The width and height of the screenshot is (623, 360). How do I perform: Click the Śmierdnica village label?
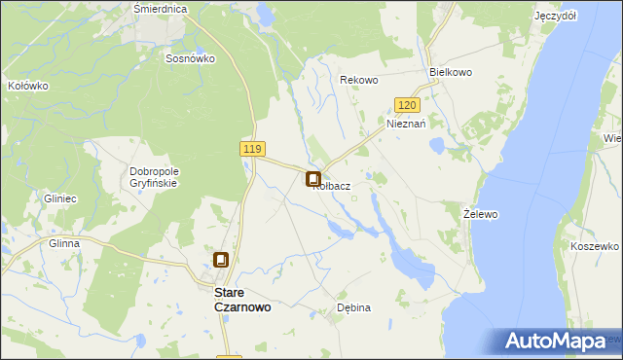160,8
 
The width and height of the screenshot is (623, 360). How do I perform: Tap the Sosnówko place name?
190,58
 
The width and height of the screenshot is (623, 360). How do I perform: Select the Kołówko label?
27,86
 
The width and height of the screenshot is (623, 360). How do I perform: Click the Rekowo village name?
357,80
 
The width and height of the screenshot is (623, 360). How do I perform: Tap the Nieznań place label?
407,125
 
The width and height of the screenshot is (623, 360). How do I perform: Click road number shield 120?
408,104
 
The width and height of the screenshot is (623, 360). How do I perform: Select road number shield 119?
252,148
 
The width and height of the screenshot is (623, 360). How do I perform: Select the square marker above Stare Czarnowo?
222,260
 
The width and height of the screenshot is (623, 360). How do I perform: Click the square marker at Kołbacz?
313,179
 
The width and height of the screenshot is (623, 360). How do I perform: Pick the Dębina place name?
353,307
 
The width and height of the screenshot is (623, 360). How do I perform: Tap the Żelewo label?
480,212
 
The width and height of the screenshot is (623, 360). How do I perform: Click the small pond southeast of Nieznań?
437,145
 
